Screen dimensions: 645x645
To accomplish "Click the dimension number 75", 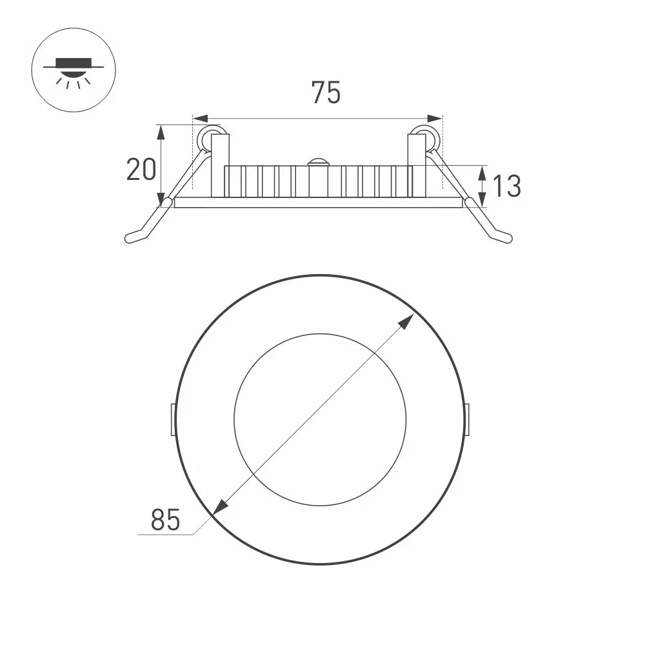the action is click(x=326, y=92).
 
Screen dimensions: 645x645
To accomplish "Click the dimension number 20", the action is click(x=141, y=170).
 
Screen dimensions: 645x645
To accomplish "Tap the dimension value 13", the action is click(x=507, y=186).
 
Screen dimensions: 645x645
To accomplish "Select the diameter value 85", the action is click(x=165, y=519).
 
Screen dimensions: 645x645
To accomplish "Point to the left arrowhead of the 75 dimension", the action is click(x=200, y=119).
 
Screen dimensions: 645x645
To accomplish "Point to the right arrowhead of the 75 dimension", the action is click(x=435, y=119).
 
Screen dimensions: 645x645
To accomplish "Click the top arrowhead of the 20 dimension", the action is click(x=161, y=132).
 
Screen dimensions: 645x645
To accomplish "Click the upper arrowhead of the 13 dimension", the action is click(x=482, y=174).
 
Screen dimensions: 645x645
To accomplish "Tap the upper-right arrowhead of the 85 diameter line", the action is click(x=408, y=321).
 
